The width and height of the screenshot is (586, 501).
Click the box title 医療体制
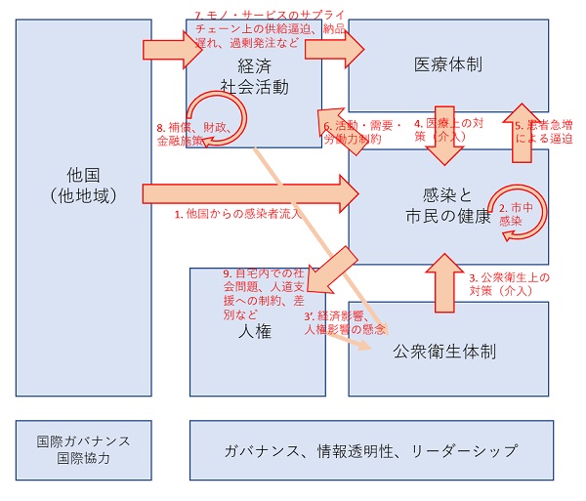point(447,64)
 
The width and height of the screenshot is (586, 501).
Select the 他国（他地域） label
point(83,186)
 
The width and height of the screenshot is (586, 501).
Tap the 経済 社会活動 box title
point(254,76)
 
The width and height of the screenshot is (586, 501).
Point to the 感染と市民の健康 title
point(447,205)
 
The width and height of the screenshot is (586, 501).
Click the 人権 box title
point(255,331)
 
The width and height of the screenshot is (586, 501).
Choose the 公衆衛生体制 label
point(444,352)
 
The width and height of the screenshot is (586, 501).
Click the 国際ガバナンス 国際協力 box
point(84,450)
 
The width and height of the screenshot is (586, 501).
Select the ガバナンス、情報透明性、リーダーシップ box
point(371,450)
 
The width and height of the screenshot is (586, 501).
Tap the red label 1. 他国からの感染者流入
point(238,214)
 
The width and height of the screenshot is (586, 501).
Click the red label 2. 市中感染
point(516,214)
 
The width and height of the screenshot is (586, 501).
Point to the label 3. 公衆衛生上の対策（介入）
point(510,284)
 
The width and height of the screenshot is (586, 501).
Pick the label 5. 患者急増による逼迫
point(544,132)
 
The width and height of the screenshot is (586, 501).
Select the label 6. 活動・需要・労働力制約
point(361,132)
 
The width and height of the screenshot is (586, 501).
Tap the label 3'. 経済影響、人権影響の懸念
point(345,322)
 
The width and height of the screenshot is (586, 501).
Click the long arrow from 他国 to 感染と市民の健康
point(250,194)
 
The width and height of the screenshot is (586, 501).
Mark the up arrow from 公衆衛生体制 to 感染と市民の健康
point(444,283)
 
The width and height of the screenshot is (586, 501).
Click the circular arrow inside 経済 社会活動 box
point(243,119)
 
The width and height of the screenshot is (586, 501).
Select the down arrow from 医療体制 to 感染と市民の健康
point(444,136)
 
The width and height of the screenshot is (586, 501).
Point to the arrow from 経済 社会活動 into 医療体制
point(334,49)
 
